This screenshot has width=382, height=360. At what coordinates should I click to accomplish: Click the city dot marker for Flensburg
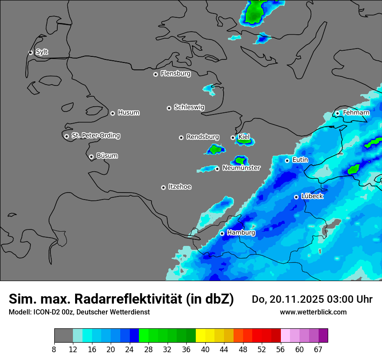[155, 74]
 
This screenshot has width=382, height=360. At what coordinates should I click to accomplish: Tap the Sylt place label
[42, 52]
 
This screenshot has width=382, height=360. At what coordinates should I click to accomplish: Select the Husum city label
[128, 113]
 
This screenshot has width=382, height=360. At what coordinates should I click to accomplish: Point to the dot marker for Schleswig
[169, 108]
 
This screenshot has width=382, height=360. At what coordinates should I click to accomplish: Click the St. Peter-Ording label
[95, 136]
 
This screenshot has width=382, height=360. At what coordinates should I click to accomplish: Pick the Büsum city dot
[91, 157]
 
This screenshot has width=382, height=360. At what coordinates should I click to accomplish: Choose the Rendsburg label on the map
[203, 137]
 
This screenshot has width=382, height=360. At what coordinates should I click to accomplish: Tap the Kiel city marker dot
[233, 137]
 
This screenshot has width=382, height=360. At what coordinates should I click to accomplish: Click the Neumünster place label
[241, 168]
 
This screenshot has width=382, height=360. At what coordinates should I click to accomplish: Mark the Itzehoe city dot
[163, 187]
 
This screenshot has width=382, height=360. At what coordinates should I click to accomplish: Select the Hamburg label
[241, 233]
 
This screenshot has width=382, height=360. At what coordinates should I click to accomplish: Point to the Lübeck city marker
[296, 197]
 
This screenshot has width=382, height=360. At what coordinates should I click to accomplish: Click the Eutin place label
[300, 160]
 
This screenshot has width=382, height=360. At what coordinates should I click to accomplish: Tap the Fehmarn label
[356, 113]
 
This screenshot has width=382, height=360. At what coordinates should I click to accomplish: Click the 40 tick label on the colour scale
[205, 349]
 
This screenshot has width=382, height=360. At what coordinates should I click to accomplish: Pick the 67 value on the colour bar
[318, 349]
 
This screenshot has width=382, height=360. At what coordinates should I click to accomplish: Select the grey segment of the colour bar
[63, 336]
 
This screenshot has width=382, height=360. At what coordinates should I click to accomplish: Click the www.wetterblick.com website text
[313, 312]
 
